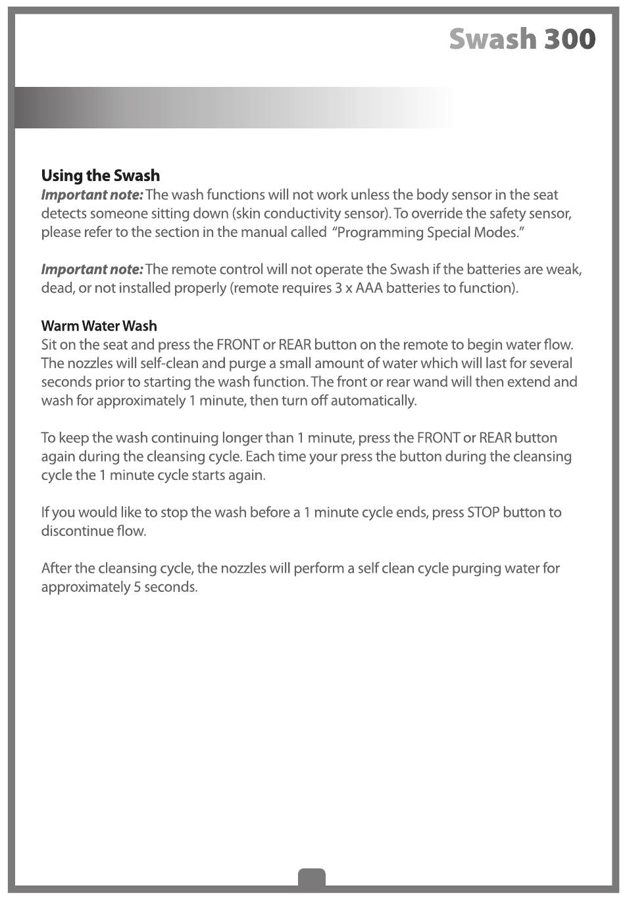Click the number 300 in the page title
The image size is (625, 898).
pyautogui.click(x=569, y=40)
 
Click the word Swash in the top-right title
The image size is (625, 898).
pyautogui.click(x=492, y=40)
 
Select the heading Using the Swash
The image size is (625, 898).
pyautogui.click(x=100, y=176)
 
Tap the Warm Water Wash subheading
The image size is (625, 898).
pyautogui.click(x=99, y=326)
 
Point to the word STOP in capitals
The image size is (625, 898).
pyautogui.click(x=483, y=512)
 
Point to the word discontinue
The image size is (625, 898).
pyautogui.click(x=74, y=531)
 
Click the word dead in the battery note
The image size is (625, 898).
pyautogui.click(x=56, y=288)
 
